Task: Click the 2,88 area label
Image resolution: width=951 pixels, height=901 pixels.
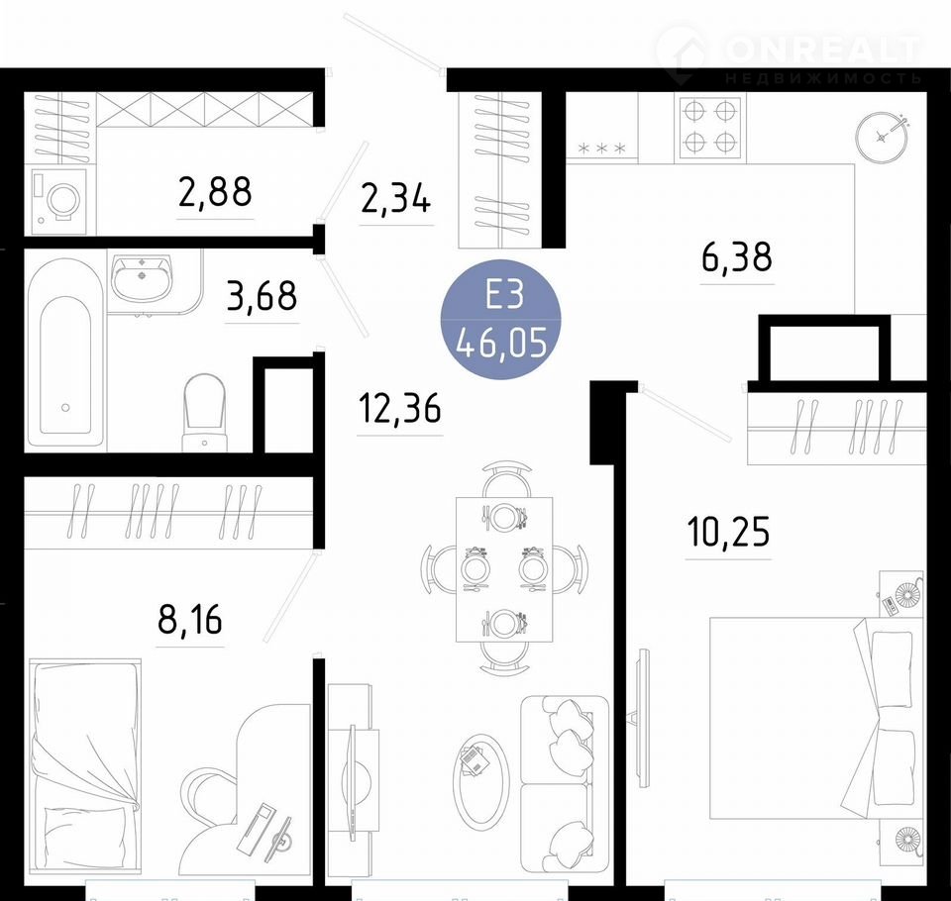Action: [x=215, y=191]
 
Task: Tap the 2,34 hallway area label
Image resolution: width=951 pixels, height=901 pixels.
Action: [x=395, y=198]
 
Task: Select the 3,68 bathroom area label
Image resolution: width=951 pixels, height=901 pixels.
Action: [x=262, y=296]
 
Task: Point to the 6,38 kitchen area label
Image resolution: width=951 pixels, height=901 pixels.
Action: [x=737, y=256]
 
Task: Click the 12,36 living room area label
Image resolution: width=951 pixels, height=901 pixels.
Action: [x=399, y=408]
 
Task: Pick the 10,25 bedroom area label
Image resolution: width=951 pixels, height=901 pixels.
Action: [x=728, y=531]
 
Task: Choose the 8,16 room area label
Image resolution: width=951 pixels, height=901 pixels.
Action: [x=190, y=619]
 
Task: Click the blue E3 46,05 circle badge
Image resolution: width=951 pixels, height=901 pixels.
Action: [x=501, y=319]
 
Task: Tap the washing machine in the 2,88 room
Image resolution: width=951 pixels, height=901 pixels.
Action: [x=59, y=199]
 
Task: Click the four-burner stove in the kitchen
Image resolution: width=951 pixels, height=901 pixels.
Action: [x=709, y=128]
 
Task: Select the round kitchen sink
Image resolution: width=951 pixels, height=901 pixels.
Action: [x=883, y=138]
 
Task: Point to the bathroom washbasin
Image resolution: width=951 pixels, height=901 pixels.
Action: [x=143, y=277]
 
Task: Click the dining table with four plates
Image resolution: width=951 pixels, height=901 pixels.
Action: [x=504, y=569]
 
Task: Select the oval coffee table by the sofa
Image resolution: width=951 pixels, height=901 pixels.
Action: [x=479, y=781]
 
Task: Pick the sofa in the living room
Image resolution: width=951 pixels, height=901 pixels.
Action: [x=565, y=784]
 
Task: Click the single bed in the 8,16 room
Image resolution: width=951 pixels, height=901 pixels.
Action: [x=85, y=766]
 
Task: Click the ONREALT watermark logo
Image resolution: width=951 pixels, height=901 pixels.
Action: [x=790, y=53]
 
